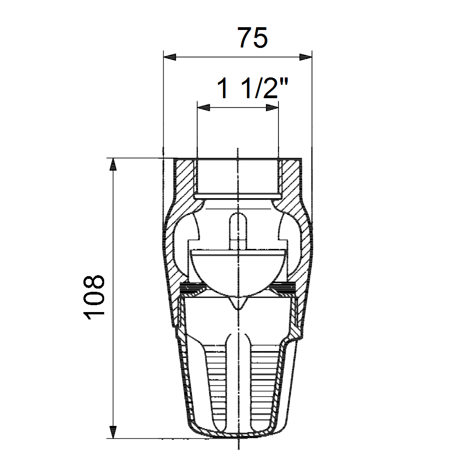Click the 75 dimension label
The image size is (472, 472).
[x=252, y=38]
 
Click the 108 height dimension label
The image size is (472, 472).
[x=94, y=297]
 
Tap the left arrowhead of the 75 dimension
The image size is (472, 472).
[x=170, y=57]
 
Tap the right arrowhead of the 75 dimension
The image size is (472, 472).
[x=306, y=57]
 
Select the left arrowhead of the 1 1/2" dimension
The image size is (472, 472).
[x=203, y=107]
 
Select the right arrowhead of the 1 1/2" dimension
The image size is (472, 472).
[x=272, y=107]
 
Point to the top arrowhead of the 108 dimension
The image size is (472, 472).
[x=113, y=165]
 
